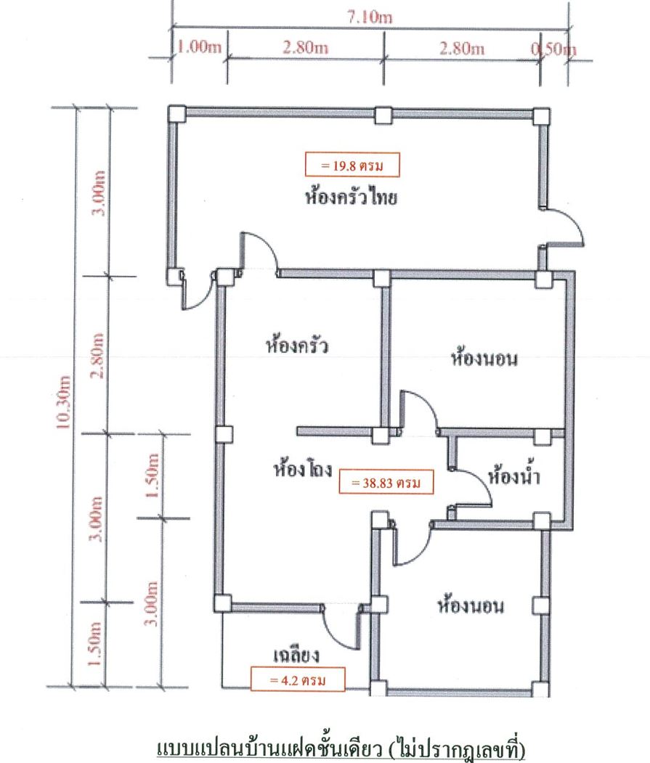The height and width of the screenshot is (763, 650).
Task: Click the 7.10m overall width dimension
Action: [370, 17]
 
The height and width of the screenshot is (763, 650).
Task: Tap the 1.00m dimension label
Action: [199, 46]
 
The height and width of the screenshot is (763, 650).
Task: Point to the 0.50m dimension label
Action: [553, 49]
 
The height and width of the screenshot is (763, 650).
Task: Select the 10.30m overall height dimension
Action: [63, 402]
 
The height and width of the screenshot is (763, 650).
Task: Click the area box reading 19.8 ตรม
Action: [352, 166]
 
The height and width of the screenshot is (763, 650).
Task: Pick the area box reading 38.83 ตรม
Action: [386, 483]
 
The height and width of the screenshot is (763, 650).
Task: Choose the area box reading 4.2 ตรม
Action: [298, 680]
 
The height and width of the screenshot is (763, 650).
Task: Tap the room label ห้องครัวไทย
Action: [351, 197]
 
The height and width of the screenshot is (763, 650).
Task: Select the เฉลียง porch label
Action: [296, 654]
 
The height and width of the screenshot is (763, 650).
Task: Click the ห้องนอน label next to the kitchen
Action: [484, 358]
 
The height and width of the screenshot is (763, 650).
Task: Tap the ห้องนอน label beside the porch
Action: [471, 605]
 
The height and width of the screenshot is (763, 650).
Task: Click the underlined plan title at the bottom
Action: [341, 748]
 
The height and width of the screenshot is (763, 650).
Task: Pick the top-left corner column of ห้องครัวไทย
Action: [176, 114]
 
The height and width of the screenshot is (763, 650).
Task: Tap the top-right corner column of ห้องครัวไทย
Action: [541, 116]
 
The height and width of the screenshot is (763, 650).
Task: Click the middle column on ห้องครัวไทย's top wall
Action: [383, 115]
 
